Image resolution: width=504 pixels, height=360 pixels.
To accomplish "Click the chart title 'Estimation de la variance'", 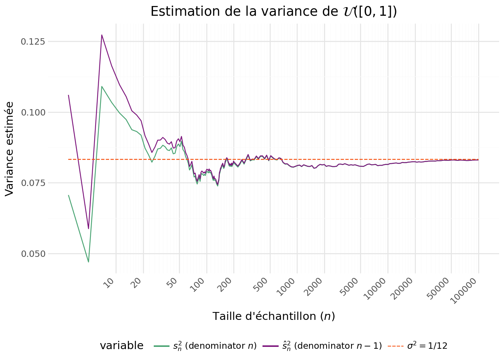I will click(273, 12).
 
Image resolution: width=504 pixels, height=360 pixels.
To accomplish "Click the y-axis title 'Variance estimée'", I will click(10, 148).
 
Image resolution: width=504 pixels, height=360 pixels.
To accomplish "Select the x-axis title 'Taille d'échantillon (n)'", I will click(274, 316).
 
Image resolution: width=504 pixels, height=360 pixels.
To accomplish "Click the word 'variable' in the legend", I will click(121, 346).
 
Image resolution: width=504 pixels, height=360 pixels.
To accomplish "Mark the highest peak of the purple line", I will click(102, 35).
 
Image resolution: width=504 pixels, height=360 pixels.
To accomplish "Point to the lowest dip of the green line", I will click(88, 262).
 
